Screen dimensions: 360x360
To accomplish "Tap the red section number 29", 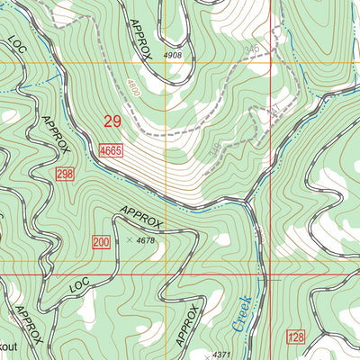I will [112, 121].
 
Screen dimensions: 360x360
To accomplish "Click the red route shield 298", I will [63, 173].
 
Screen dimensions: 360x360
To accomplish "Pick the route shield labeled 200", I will [101, 240].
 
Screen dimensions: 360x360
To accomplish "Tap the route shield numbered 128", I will [296, 337].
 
